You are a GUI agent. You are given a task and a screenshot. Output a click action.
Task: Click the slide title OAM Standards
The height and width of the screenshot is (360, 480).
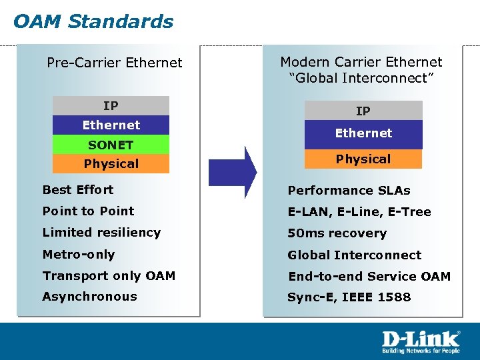coord(93,21)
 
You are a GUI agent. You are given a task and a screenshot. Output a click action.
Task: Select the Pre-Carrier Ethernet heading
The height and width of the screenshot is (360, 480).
coord(114,63)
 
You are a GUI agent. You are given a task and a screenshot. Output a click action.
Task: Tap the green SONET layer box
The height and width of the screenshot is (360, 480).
coord(111,145)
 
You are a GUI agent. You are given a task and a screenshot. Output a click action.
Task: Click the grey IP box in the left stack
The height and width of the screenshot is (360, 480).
coord(111,106)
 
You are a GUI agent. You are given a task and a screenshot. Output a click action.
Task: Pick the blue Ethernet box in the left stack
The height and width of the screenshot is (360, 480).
coord(111,125)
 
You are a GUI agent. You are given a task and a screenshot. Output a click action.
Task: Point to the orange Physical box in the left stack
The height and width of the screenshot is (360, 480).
coord(111,164)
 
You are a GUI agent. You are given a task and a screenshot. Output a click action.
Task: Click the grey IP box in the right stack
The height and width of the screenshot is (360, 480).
coord(363,111)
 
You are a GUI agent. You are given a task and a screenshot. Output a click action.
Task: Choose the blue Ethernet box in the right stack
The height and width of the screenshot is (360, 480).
coord(363,134)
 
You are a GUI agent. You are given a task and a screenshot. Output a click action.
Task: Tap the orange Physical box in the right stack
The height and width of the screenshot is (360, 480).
coord(363,159)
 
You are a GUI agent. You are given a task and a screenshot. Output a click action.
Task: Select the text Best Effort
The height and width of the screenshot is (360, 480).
coord(78,190)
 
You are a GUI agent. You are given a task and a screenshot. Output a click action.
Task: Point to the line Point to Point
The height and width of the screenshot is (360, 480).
coord(88,211)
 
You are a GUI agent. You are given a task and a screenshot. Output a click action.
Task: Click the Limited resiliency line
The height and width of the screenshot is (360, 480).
coord(101,233)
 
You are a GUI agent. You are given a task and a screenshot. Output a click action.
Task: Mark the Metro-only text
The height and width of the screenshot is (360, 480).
coord(79,255)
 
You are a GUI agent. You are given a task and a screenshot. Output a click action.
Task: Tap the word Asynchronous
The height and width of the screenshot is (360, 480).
coord(89,297)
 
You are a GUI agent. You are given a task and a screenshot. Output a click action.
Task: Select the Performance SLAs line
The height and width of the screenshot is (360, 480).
coord(349,191)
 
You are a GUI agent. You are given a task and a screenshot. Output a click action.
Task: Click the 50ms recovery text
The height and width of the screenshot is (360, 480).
coord(337,233)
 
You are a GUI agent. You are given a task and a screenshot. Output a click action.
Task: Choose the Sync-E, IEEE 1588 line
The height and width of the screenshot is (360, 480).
coord(349,297)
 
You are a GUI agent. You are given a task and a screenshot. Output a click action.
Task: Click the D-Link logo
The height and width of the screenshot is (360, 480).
coord(421,341)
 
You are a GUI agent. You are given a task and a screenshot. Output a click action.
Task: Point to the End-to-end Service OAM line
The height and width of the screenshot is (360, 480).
coord(369,276)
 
